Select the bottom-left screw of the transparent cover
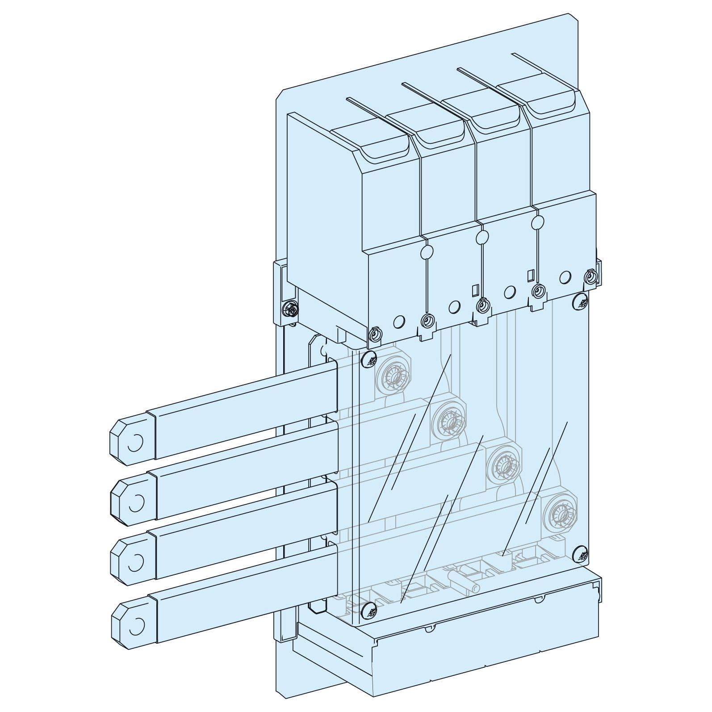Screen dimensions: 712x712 369,609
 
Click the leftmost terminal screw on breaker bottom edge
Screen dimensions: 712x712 376,334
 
